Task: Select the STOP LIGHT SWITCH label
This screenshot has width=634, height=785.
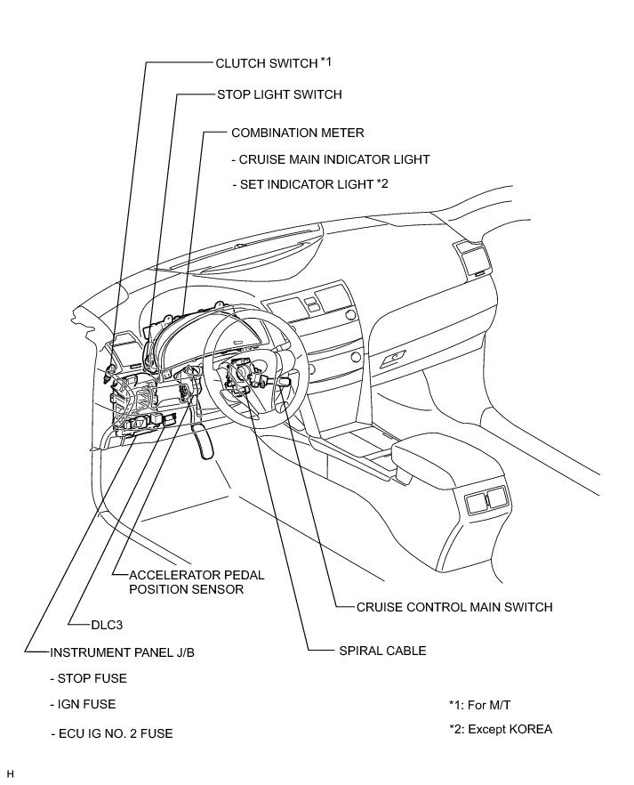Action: pyautogui.click(x=279, y=94)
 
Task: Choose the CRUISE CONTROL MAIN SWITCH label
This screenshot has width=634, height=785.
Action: pyautogui.click(x=454, y=608)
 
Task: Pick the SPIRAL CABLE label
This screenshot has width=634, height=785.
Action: pyautogui.click(x=383, y=651)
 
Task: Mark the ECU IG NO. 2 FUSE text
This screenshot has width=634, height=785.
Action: pyautogui.click(x=112, y=734)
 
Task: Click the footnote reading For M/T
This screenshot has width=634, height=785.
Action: pyautogui.click(x=480, y=704)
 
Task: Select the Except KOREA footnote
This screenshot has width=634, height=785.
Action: pyautogui.click(x=501, y=730)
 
